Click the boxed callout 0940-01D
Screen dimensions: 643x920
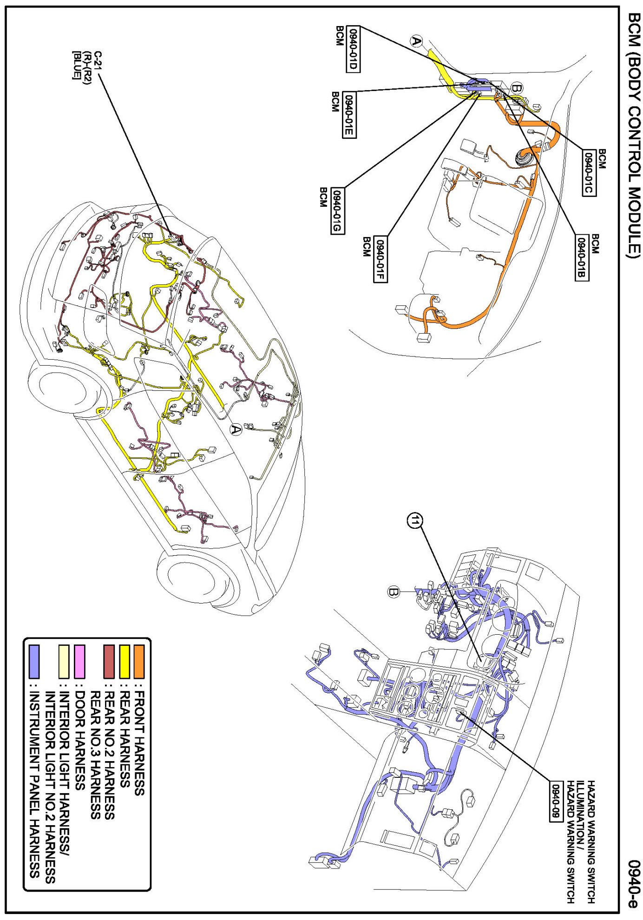click(353, 49)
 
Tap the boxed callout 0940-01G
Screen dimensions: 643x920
click(337, 211)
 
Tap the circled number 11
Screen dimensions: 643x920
click(415, 521)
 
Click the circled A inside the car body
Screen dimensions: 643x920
click(236, 429)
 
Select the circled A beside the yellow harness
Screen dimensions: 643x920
click(417, 41)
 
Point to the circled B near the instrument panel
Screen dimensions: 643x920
click(394, 592)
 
